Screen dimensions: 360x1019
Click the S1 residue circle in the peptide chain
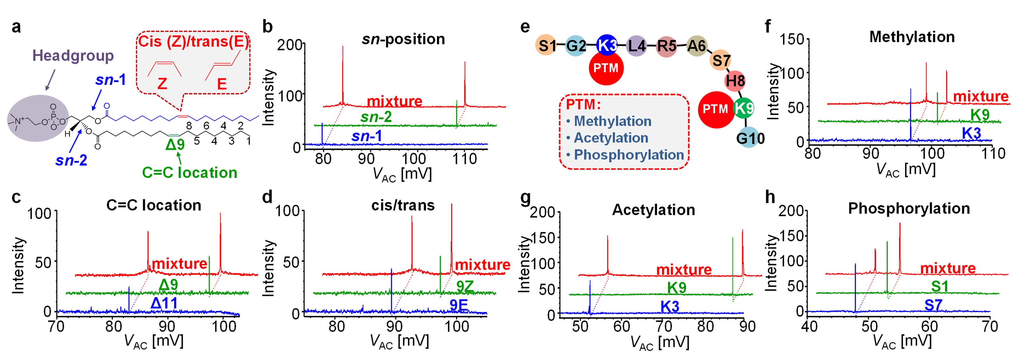pos(546,46)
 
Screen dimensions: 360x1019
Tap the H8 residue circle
pos(735,81)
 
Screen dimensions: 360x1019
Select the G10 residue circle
pos(750,138)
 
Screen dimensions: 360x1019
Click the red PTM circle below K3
pos(606,68)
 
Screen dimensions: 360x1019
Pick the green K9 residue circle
pos(744,108)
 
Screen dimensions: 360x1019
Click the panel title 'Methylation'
pos(912,37)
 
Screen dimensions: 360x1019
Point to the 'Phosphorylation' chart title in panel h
pos(909,208)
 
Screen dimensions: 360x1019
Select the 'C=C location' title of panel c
pos(154,205)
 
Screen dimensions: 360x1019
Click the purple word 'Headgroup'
pos(73,55)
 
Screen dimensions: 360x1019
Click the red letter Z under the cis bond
pos(162,84)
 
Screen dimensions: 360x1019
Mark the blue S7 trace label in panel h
pos(933,305)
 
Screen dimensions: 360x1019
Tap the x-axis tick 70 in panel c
pos(56,327)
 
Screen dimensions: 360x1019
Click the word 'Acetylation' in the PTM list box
pos(611,138)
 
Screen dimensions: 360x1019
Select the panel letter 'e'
pos(525,27)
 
